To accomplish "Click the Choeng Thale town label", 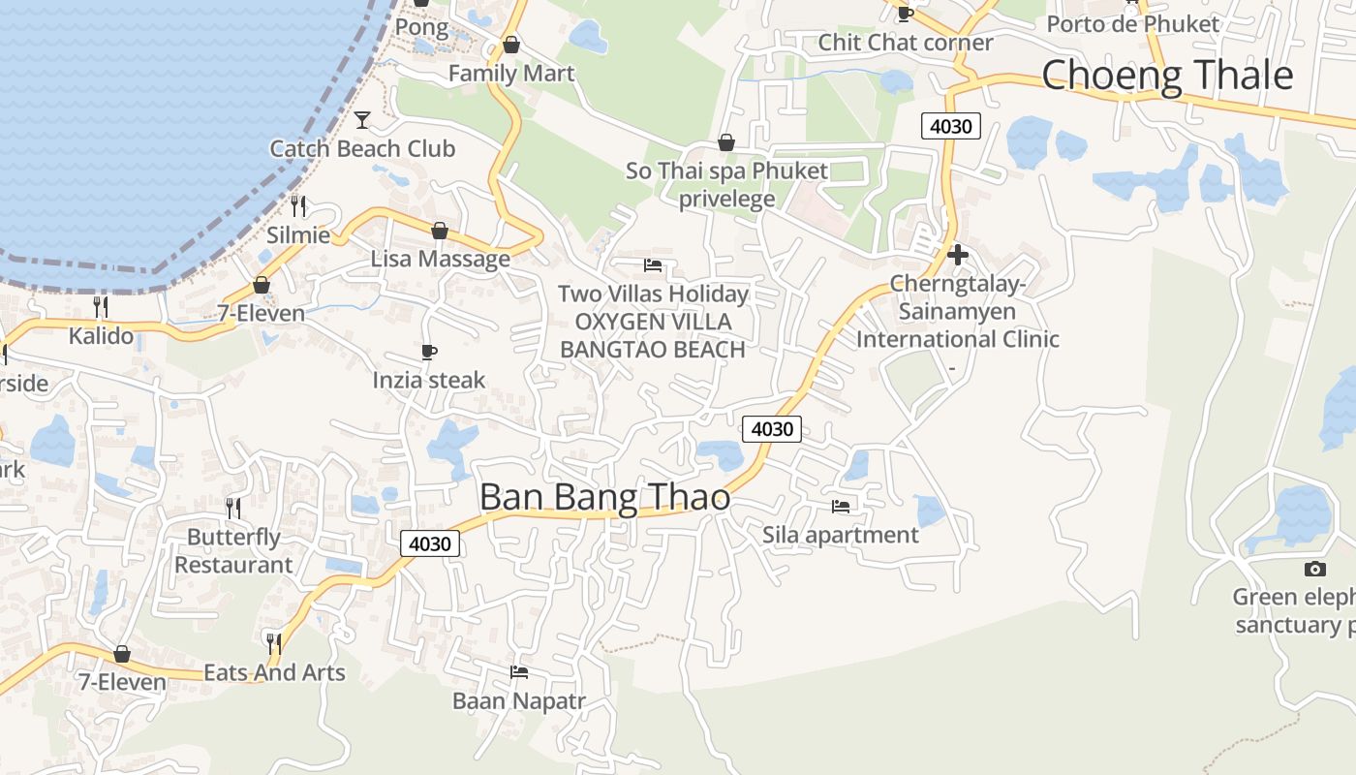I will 1167,76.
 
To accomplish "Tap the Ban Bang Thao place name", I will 604,497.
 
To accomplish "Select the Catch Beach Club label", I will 362,148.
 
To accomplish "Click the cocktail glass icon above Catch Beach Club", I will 362,120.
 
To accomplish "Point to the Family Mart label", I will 510,74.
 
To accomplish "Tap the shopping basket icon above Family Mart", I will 511,45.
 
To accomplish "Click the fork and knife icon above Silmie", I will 298,206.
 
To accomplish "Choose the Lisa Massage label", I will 440,259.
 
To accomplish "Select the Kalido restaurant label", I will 101,336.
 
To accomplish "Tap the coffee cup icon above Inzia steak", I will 429,352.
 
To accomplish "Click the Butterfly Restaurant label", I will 233,550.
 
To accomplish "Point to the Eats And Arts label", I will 274,672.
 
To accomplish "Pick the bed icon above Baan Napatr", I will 519,671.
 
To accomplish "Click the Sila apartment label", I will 840,535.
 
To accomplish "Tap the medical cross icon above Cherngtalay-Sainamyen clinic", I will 958,255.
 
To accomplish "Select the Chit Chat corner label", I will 906,43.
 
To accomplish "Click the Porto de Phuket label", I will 1132,23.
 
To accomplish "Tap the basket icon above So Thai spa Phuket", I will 726,143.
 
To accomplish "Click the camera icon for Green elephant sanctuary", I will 1314,569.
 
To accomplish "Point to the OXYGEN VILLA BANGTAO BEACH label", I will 653,335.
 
